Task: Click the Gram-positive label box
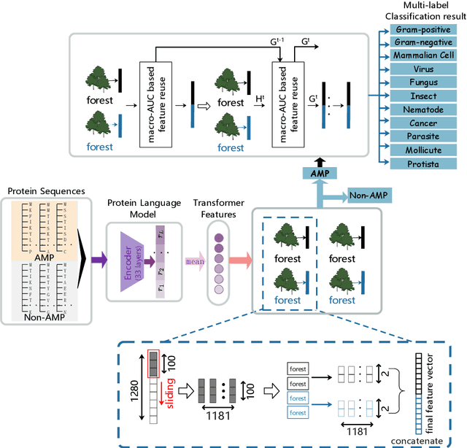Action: tap(424, 30)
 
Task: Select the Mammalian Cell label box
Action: tap(424, 56)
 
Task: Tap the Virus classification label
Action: tap(424, 69)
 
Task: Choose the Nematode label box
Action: tap(424, 110)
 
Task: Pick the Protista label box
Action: tap(424, 164)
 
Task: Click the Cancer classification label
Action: tap(424, 124)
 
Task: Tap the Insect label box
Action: tap(424, 96)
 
